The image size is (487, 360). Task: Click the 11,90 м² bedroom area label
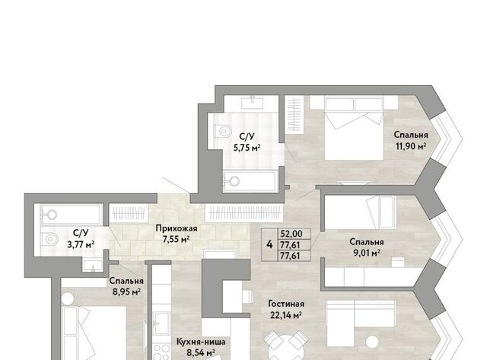[411, 146]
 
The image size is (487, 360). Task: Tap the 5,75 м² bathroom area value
[247, 148]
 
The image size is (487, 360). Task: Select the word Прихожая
[176, 228]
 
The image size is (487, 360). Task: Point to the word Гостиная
[286, 304]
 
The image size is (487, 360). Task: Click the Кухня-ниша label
[201, 342]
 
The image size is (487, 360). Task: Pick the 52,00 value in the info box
[291, 234]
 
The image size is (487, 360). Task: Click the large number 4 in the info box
[269, 244]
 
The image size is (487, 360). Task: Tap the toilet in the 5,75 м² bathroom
[222, 131]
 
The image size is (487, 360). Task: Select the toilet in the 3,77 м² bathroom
[49, 239]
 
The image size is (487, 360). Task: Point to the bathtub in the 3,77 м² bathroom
[71, 215]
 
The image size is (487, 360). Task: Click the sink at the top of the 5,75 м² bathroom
[253, 102]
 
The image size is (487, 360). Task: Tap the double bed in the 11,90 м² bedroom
[354, 128]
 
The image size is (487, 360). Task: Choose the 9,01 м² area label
[367, 253]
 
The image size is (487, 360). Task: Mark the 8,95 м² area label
[127, 292]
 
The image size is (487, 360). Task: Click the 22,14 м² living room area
[286, 315]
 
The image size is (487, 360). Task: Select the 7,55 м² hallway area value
[176, 240]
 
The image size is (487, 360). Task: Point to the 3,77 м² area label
[81, 244]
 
